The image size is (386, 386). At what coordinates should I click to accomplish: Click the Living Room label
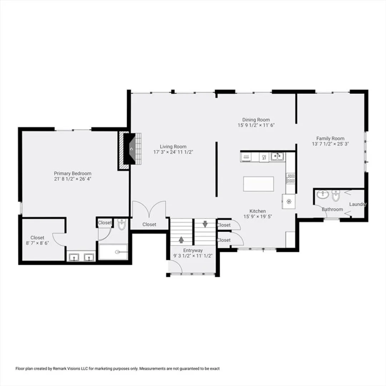(173, 147)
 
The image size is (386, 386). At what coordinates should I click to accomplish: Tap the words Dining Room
(256, 120)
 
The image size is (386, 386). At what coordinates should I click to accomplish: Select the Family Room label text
(330, 138)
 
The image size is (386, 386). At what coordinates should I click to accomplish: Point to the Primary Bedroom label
(73, 173)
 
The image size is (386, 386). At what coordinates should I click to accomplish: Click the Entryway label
(193, 250)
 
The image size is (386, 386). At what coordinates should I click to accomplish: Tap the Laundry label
(358, 204)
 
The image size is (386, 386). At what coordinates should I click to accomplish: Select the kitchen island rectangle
(258, 184)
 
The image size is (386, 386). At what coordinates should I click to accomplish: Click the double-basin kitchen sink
(277, 156)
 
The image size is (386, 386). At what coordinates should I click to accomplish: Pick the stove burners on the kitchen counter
(291, 178)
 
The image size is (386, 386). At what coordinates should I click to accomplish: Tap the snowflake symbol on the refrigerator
(289, 202)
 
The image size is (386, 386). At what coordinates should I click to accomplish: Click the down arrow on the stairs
(205, 224)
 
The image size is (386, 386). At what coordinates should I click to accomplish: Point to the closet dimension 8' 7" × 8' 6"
(38, 243)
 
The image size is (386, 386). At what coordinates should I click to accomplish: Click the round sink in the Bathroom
(322, 194)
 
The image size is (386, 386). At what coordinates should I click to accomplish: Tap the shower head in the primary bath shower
(118, 252)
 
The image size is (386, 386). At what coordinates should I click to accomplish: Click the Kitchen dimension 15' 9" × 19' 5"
(258, 217)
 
